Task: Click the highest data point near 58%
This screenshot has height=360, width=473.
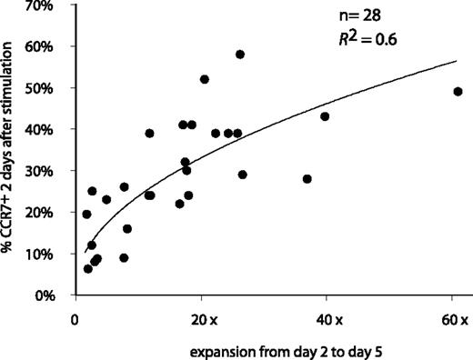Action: click(240, 55)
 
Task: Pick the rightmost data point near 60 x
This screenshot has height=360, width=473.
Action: click(458, 92)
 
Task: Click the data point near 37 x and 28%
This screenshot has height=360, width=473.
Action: click(307, 179)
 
